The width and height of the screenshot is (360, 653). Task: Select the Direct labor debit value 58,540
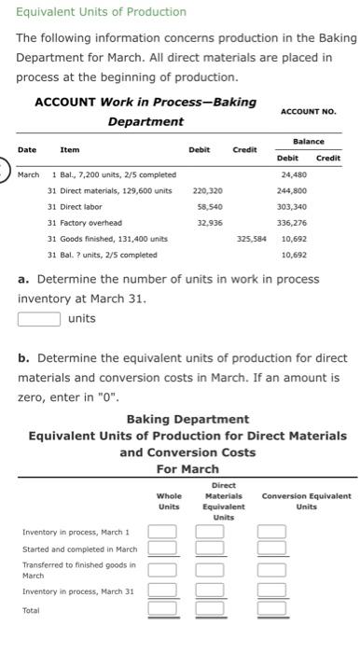209,206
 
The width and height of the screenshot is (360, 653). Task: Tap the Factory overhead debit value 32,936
209,222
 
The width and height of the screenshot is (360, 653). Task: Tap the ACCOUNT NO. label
308,111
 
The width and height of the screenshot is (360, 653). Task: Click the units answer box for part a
39,318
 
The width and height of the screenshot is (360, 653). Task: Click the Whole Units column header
169,501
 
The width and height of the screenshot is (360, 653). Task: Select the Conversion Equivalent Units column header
306,501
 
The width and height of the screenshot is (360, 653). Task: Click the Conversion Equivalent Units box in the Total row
271,608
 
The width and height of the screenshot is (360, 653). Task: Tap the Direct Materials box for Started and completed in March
210,549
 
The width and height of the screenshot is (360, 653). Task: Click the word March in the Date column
29,174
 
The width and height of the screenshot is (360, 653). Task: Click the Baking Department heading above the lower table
187,420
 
